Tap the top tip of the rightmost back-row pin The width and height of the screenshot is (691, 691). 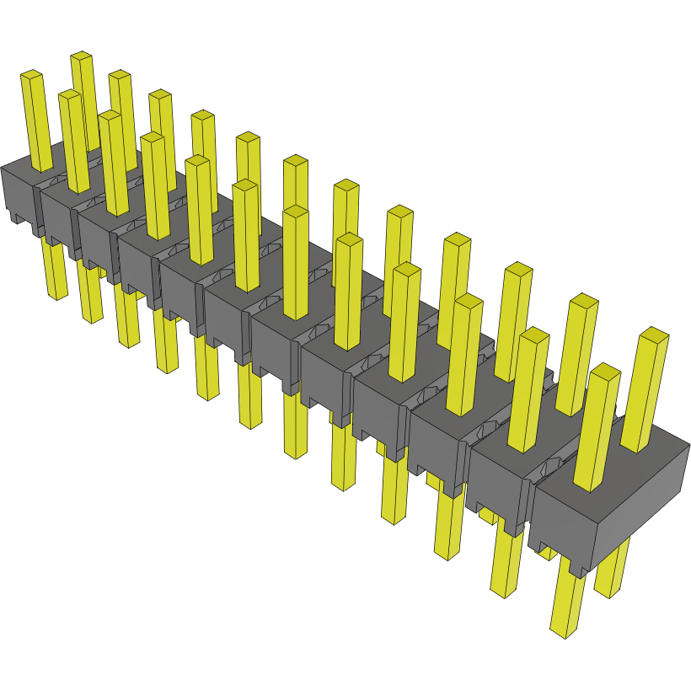[x=655, y=335]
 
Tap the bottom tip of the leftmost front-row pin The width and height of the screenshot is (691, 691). [x=56, y=295]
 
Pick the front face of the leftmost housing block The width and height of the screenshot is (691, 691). [x=17, y=194]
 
